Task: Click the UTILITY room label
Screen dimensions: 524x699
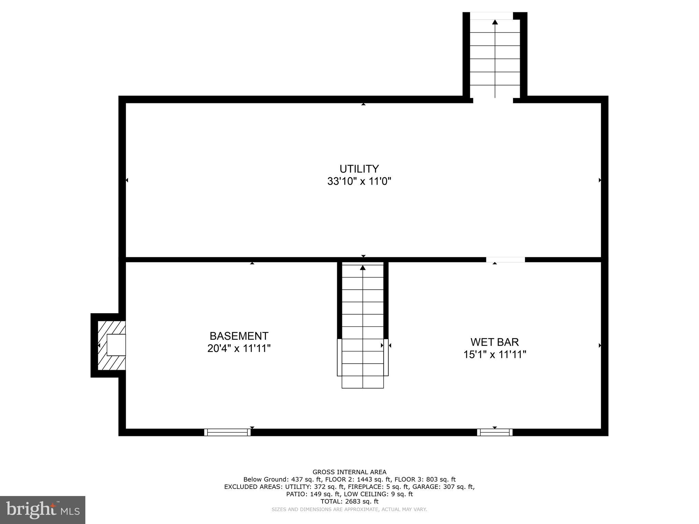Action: pyautogui.click(x=359, y=169)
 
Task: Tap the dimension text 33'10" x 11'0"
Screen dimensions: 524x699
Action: pyautogui.click(x=359, y=181)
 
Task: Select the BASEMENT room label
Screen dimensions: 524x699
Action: pyautogui.click(x=239, y=336)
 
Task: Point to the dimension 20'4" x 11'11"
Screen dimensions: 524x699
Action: pyautogui.click(x=239, y=348)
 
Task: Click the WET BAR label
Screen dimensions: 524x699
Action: pyautogui.click(x=494, y=342)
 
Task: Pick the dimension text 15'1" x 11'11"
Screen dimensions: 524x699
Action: pyautogui.click(x=494, y=354)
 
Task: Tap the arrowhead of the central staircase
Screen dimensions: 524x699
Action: pyautogui.click(x=362, y=268)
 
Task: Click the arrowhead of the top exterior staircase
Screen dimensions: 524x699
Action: pyautogui.click(x=495, y=22)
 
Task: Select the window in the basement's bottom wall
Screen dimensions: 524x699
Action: pyautogui.click(x=227, y=432)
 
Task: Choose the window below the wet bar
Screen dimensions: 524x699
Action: pyautogui.click(x=495, y=432)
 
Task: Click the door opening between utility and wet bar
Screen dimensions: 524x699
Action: pyautogui.click(x=505, y=260)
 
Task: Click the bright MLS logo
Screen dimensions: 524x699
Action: pyautogui.click(x=43, y=510)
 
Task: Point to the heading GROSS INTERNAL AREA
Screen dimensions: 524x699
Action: pyautogui.click(x=349, y=472)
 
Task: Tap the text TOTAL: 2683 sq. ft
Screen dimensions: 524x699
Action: pyautogui.click(x=349, y=501)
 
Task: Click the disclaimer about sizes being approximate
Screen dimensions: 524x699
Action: pyautogui.click(x=349, y=509)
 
